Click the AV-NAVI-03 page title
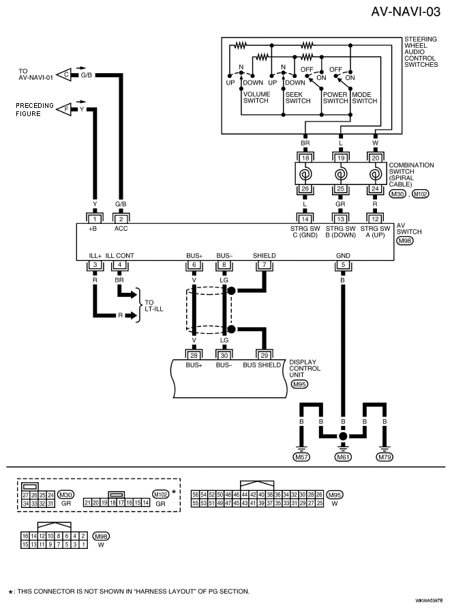406,12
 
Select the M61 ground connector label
343,457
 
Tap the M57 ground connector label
301,457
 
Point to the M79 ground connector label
385,457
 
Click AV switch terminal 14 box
305,218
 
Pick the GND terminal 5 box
343,266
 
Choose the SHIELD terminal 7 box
265,266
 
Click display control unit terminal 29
265,355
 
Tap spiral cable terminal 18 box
305,158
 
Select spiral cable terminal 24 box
375,188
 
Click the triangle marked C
63,74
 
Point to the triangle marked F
63,109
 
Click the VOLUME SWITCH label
256,98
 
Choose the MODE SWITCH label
365,98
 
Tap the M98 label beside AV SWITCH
405,241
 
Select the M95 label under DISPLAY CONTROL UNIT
299,384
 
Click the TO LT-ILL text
154,306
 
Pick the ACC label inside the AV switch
121,229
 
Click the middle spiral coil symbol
340,173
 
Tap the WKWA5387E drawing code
429,600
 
